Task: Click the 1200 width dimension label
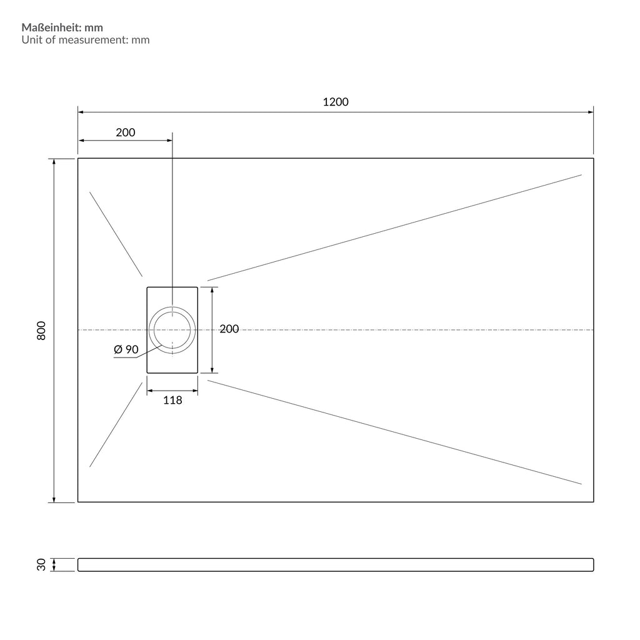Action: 336,102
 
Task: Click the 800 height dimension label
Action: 41,330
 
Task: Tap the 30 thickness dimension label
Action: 41,564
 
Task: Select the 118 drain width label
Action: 172,400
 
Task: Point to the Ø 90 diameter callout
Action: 126,349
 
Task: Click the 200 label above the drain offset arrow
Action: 125,132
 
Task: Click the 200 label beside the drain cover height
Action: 229,329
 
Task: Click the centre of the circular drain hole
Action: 172,330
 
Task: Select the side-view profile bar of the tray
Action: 336,564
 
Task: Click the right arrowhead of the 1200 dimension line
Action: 591,112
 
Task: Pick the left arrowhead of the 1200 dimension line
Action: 81,112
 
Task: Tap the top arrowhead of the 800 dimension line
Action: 54,162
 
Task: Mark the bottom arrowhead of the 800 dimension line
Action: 54,499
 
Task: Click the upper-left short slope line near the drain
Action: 116,234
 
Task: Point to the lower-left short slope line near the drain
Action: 116,424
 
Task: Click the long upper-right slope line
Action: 394,227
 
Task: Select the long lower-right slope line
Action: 394,432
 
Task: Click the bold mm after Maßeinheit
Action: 94,28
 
